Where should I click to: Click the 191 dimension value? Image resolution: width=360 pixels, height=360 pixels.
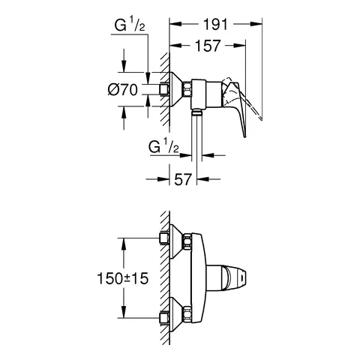215,25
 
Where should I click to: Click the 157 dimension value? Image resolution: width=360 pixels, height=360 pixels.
208,46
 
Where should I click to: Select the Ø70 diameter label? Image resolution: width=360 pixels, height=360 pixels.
123,89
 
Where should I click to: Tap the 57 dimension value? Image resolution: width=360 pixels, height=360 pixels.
183,179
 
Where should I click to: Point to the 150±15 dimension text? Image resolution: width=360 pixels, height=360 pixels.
123,278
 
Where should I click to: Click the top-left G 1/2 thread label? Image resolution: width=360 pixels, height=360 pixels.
130,25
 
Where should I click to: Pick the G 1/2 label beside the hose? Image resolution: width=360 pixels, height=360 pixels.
163,147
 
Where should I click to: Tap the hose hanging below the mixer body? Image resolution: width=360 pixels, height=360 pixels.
196,135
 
